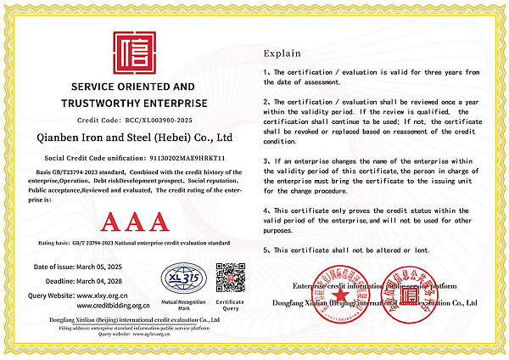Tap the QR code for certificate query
tap(230, 278)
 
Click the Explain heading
tap(282, 52)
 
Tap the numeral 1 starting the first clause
tap(266, 72)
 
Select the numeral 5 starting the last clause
tap(266, 250)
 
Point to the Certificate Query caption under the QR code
tap(230, 305)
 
